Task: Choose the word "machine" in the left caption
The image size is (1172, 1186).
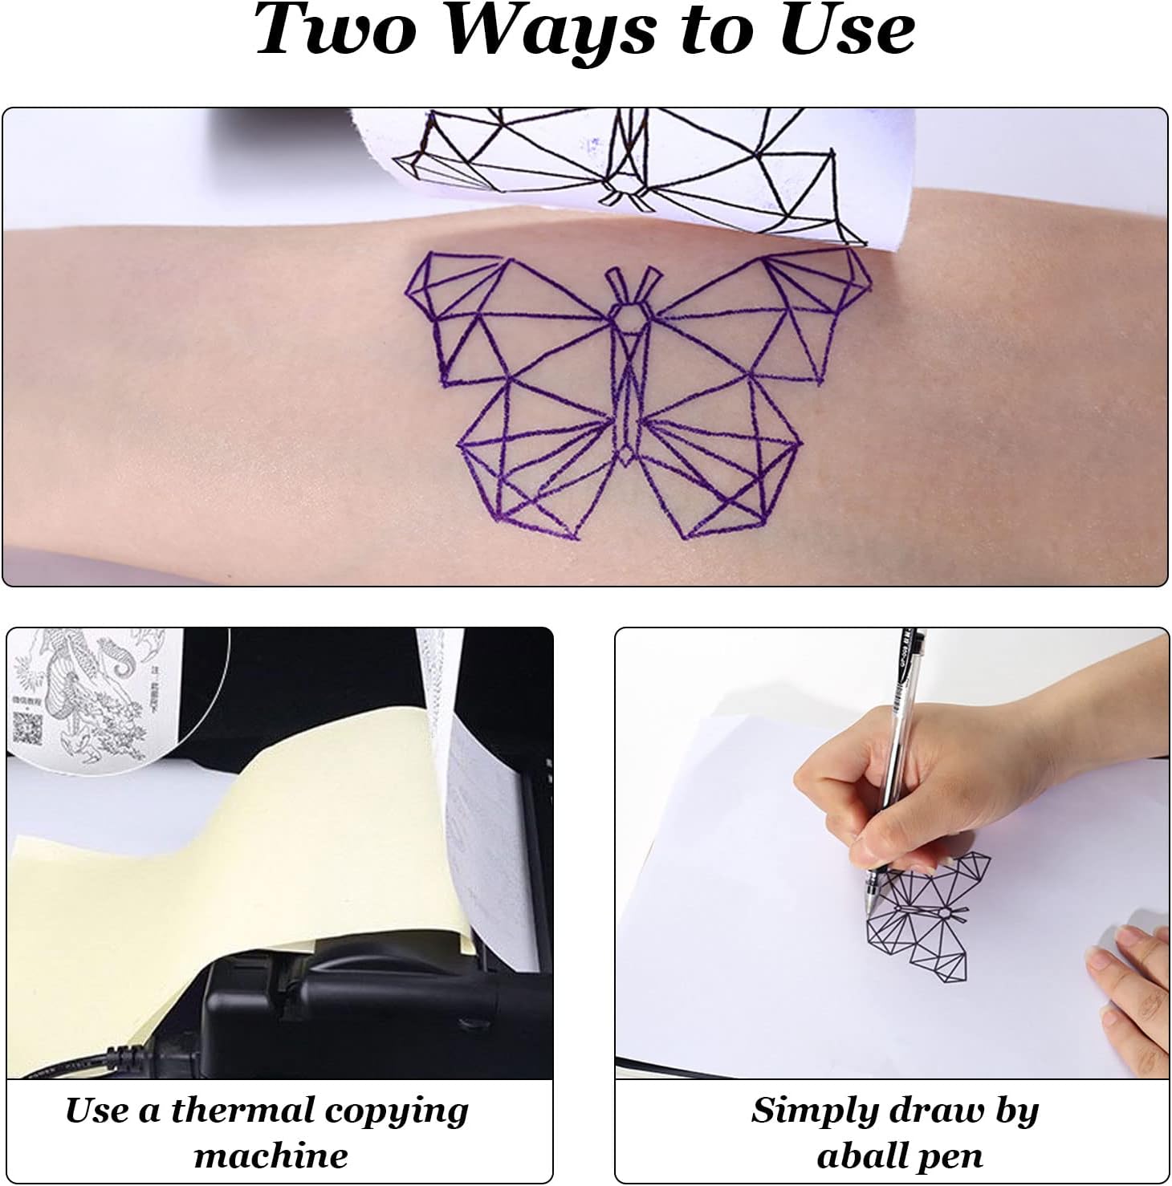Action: (x=271, y=1156)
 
